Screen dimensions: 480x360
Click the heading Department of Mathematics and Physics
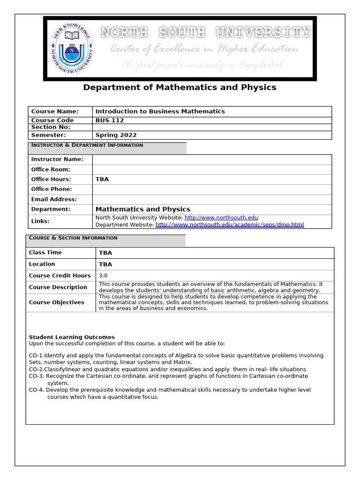coord(180,87)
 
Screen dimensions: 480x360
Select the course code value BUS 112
coord(110,120)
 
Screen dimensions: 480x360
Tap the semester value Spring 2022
coord(116,135)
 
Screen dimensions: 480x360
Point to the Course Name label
coord(55,112)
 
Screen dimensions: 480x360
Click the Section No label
coord(51,127)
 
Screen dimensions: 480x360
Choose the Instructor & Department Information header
coord(87,145)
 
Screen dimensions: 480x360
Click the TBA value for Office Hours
coord(102,179)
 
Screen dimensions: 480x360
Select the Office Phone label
coord(52,189)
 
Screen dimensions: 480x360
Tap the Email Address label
coord(54,199)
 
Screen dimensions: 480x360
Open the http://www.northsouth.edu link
coord(221,218)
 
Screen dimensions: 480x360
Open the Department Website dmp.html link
coord(230,225)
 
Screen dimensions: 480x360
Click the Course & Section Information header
coord(73,238)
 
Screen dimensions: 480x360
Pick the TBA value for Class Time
coord(105,253)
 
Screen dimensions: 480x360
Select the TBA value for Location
coord(105,264)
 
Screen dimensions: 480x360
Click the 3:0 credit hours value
coord(103,276)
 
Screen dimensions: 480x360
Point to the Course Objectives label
coord(57,302)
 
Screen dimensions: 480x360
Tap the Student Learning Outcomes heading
coord(72,337)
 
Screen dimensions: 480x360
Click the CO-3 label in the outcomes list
coord(37,376)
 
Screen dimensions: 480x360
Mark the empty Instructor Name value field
coord(212,159)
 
